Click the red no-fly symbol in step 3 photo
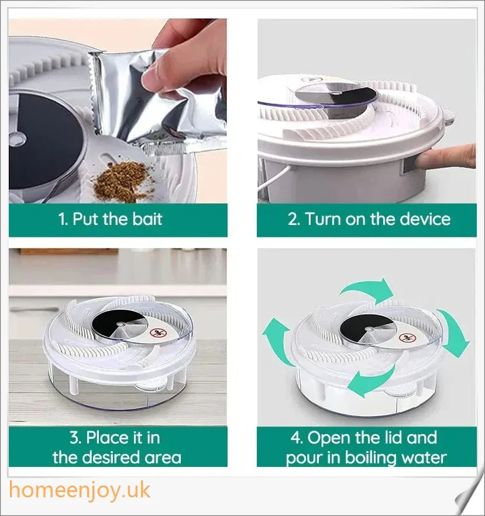pos(156,333)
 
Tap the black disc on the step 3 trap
pos(114,323)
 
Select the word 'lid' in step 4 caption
pos(387,438)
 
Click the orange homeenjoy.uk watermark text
pos(80,490)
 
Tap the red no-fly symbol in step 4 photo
pos(405,338)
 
